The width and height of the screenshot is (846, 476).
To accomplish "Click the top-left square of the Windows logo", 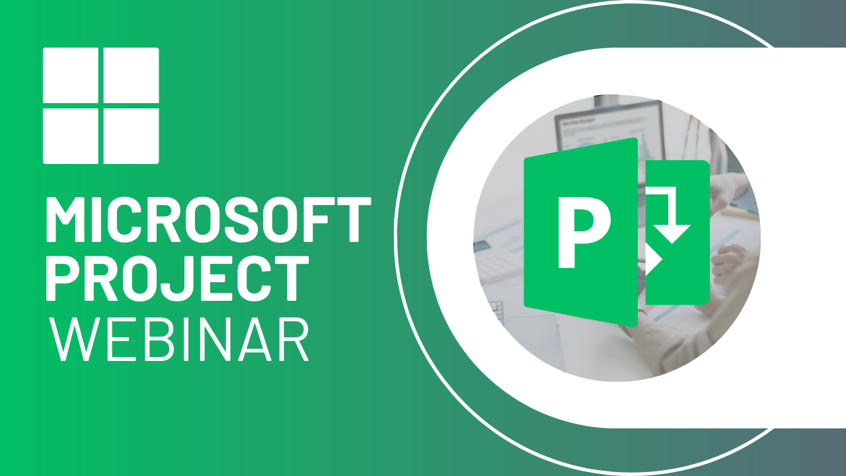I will pos(71,75).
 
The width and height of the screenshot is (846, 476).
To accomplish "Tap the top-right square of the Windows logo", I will pos(131,75).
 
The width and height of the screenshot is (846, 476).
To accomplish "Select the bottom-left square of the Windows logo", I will pos(71,135).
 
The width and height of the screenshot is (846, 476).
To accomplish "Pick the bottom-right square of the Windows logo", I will pos(131,135).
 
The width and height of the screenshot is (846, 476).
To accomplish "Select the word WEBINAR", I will pos(180,339).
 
